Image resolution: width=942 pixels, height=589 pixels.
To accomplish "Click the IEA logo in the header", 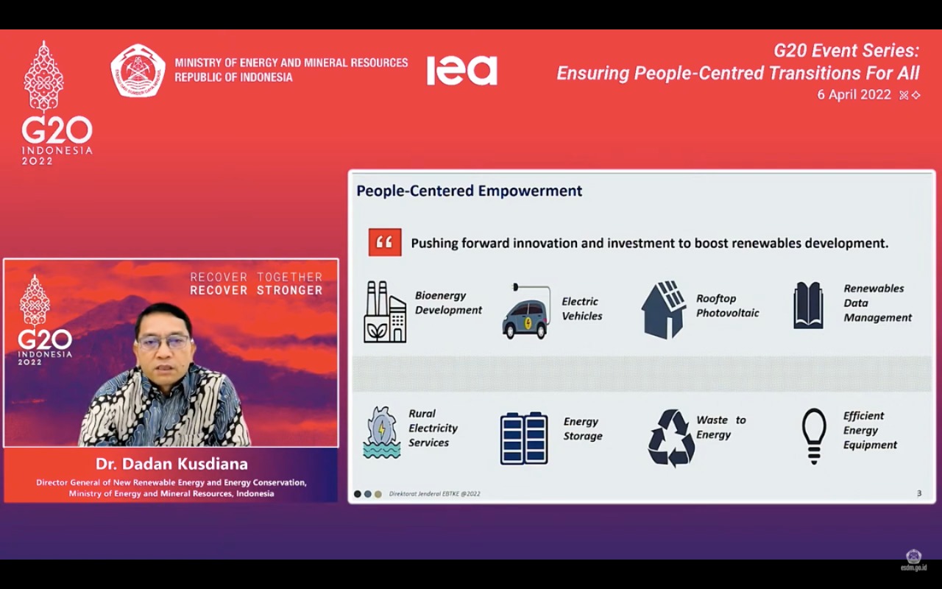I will click(461, 71).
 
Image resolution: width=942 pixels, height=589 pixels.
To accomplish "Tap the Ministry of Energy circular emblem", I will click(138, 71).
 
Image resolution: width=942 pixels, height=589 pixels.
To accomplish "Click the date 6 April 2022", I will click(854, 95).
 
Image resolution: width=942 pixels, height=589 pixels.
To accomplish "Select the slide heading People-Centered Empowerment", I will click(469, 191).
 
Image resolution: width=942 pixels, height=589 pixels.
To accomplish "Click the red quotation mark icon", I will click(385, 242).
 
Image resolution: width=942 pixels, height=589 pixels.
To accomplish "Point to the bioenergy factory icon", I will click(385, 311).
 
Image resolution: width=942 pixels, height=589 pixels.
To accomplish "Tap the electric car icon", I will click(525, 313).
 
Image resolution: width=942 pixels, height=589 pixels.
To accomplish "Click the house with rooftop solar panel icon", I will click(664, 309).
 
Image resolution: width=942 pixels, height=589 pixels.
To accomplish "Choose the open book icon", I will click(808, 306).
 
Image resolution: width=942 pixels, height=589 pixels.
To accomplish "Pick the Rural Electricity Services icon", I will click(381, 432).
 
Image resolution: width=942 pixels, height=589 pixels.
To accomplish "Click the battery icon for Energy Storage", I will click(524, 437).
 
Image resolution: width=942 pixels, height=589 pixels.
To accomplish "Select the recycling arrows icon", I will click(670, 437).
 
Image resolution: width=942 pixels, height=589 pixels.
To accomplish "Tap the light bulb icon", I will click(813, 435).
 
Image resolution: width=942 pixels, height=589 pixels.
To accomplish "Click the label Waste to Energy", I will click(720, 427).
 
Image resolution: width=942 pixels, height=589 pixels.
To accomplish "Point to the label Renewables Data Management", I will click(877, 303).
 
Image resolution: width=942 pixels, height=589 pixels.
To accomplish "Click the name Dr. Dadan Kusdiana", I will click(171, 464).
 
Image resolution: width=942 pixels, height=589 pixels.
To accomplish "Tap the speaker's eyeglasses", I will click(163, 342).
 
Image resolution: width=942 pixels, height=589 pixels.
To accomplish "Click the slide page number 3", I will click(918, 493).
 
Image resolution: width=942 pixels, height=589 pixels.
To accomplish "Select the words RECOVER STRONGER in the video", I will click(256, 290).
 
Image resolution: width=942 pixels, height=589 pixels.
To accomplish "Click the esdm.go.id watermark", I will click(913, 567).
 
